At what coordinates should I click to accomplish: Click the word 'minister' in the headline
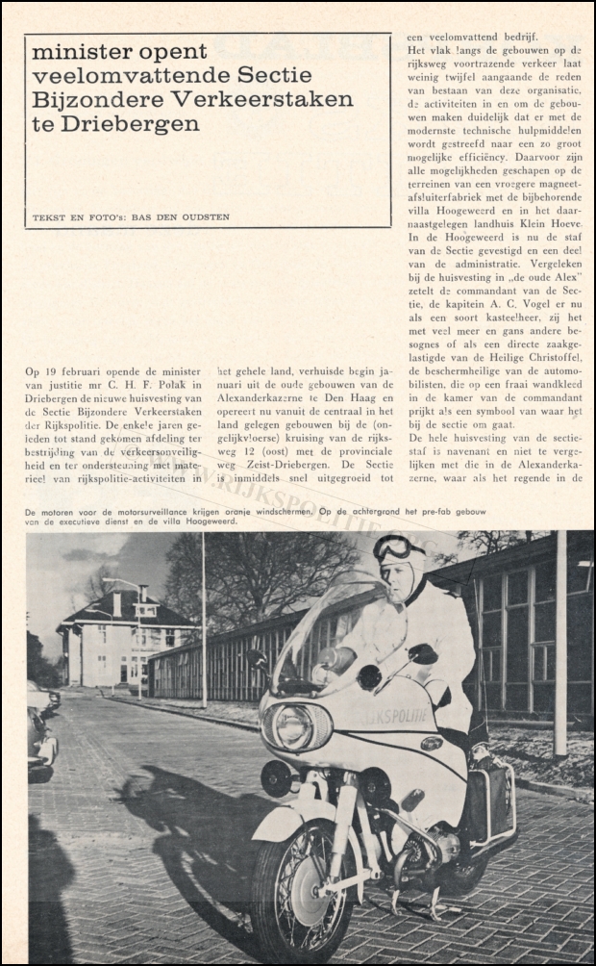pos(76,52)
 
